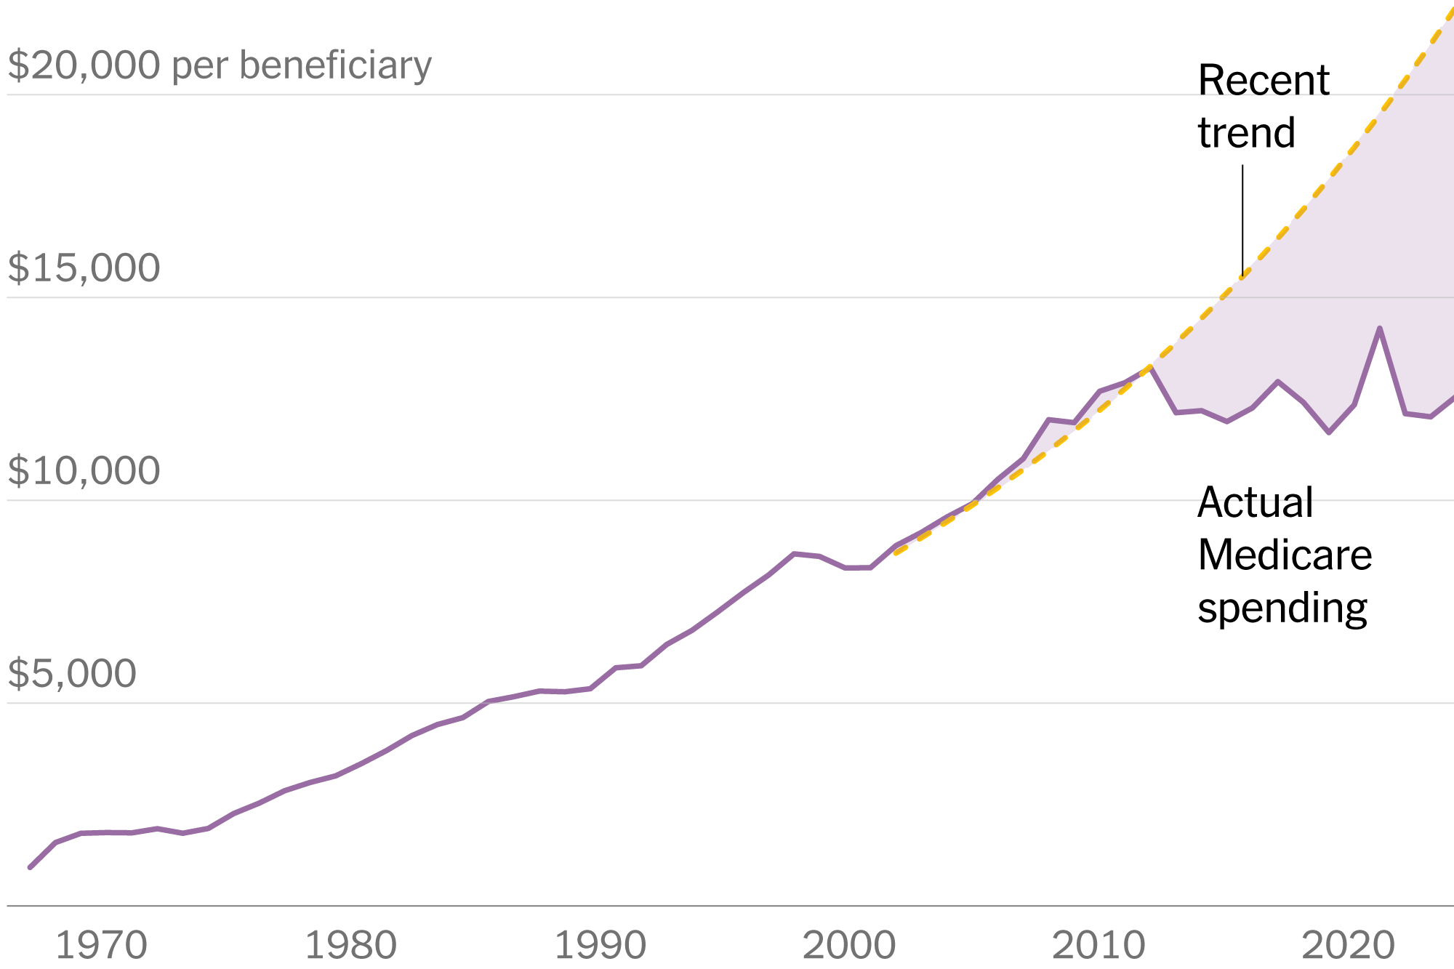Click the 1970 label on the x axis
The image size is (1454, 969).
[101, 946]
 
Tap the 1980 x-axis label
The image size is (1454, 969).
[350, 946]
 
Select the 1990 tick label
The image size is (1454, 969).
[600, 946]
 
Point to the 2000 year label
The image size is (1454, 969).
[848, 946]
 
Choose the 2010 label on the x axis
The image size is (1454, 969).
[1098, 946]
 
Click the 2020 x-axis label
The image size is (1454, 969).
[1348, 946]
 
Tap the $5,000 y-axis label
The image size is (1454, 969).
[72, 673]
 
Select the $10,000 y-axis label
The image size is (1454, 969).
[84, 470]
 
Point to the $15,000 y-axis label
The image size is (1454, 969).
[84, 268]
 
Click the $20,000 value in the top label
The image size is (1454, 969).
[84, 65]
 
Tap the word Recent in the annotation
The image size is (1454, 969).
[1264, 80]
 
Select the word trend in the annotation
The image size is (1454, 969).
[1246, 133]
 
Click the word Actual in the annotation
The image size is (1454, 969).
[1255, 502]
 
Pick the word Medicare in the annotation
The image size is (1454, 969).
[1285, 555]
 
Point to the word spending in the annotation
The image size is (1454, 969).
[1282, 608]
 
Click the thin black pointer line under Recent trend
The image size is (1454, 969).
[1242, 218]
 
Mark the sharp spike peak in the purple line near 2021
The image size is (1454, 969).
[1379, 329]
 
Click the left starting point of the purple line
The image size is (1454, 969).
[30, 867]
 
